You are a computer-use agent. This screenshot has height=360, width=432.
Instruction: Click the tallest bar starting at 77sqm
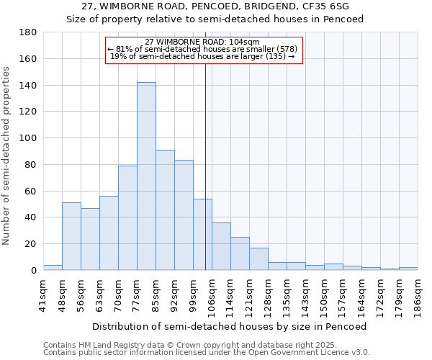pyautogui.click(x=146, y=176)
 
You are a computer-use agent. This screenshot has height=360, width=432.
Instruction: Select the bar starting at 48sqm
pyautogui.click(x=71, y=236)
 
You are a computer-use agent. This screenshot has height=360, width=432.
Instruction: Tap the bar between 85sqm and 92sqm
pyautogui.click(x=165, y=210)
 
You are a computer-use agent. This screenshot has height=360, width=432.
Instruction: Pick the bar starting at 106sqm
pyautogui.click(x=221, y=246)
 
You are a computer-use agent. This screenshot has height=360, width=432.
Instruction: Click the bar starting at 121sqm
pyautogui.click(x=258, y=258)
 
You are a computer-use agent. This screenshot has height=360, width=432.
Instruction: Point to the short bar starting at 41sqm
pyautogui.click(x=53, y=267)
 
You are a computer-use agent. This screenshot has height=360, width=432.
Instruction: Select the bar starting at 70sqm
pyautogui.click(x=127, y=217)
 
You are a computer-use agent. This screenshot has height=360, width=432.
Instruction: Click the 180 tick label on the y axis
pyautogui.click(x=28, y=32)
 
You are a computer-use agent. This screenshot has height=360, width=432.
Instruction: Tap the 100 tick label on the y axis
pyautogui.click(x=28, y=138)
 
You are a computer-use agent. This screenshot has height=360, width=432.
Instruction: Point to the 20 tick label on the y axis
pyautogui.click(x=31, y=244)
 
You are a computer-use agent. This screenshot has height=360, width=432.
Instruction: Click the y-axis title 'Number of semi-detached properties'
pyautogui.click(x=6, y=156)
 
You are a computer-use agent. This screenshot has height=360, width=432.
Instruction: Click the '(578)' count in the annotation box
pyautogui.click(x=284, y=49)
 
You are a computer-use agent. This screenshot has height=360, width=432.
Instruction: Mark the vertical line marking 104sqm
pyautogui.click(x=205, y=180)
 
